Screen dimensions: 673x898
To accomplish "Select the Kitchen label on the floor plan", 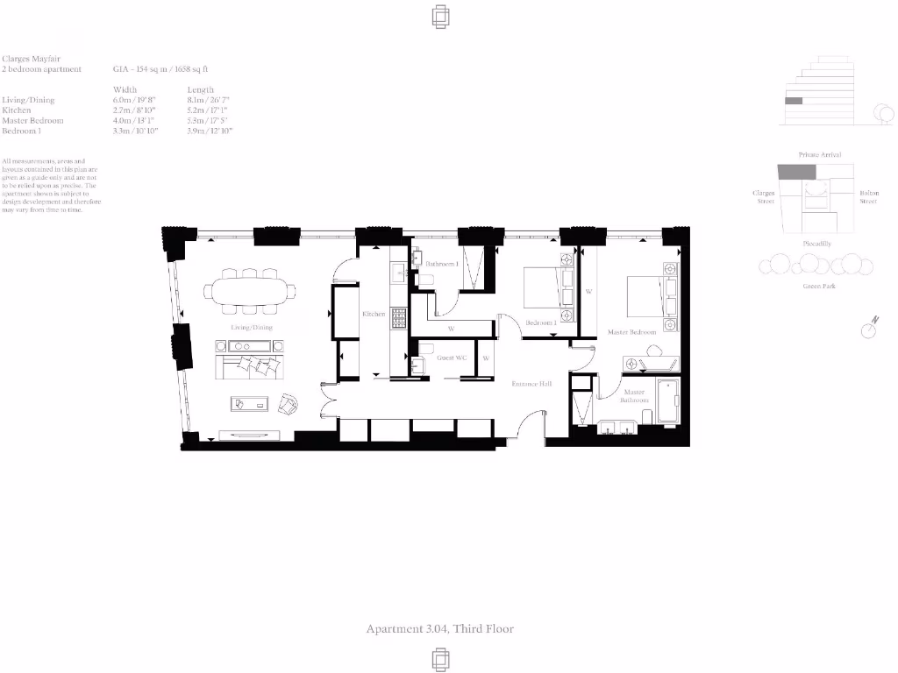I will click(374, 314).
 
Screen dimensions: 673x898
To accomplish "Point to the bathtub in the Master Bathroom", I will click(668, 401).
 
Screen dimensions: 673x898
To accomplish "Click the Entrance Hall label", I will click(531, 384).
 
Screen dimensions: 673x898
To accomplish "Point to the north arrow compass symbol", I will click(869, 328).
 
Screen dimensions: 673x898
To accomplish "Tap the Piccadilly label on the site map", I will click(816, 244).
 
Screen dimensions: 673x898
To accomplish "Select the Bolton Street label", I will click(867, 196).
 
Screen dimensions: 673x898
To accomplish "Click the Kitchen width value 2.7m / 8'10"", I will click(134, 110).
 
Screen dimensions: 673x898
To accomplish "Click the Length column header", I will click(200, 89).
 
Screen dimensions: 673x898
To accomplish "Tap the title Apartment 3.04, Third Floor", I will click(439, 628).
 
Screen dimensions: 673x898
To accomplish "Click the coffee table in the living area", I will click(252, 403).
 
